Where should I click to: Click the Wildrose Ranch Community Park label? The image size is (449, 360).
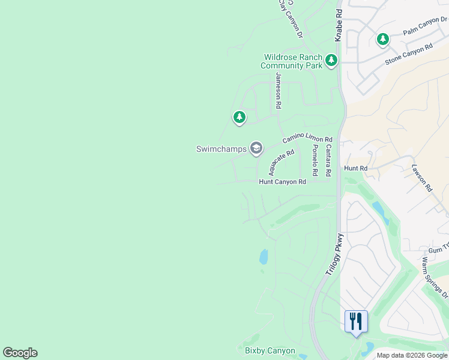point(293,61)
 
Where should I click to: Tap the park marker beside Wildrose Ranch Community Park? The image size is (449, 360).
point(331,60)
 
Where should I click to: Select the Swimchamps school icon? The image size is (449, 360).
point(256,148)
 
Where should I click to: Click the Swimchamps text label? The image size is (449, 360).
point(221,149)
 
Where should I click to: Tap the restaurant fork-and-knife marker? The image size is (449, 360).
point(356,321)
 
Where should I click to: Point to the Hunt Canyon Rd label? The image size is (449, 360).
point(282,181)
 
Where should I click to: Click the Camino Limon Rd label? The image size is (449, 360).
point(307,139)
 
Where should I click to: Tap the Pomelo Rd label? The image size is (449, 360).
point(314,164)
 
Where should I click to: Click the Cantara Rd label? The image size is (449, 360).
point(328,160)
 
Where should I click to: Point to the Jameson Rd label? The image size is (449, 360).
point(278,90)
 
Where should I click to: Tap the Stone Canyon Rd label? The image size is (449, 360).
point(409,54)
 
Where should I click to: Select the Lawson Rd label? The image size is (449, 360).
point(422,178)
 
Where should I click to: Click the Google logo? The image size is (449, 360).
point(20,353)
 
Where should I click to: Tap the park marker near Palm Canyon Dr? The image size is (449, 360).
point(382,40)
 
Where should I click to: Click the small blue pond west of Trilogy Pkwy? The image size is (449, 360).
point(264,257)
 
